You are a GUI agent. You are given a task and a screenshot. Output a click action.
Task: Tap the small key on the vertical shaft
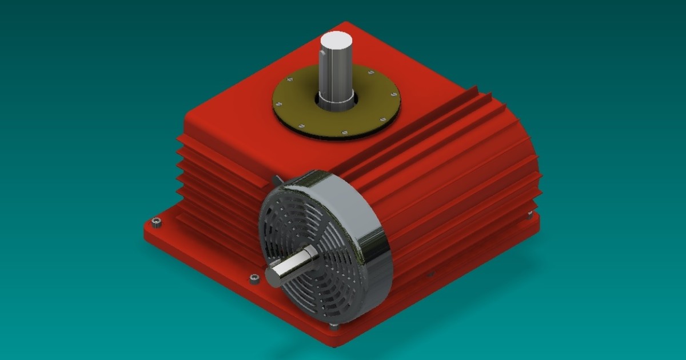tap(323, 54)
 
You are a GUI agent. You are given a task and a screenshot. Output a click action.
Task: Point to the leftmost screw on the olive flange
tap(280, 104)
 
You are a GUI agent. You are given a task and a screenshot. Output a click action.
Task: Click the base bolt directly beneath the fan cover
tap(334, 326)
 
